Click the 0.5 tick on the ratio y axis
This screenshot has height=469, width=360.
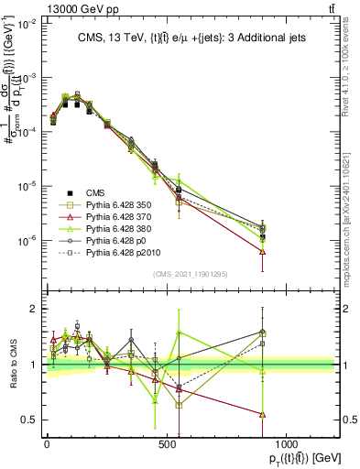click(x=28, y=420)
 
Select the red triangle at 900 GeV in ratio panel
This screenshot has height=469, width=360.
click(x=262, y=414)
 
